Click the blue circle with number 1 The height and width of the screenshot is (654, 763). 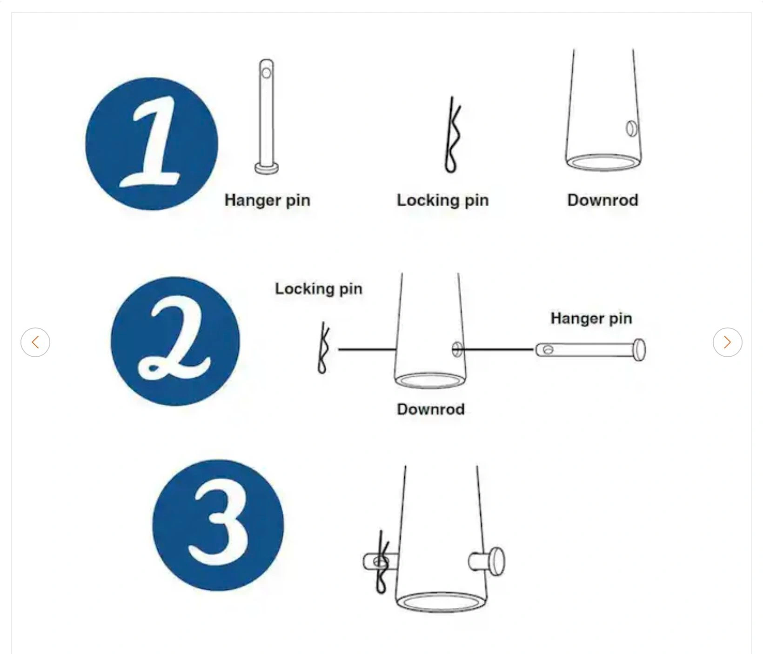click(152, 144)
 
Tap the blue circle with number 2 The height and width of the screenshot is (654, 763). click(175, 341)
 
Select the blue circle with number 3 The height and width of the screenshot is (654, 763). click(218, 526)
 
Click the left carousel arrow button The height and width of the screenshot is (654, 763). click(35, 342)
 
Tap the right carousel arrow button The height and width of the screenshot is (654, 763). click(728, 342)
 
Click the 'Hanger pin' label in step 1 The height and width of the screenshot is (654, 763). click(268, 200)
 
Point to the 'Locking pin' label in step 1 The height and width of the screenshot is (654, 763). click(443, 200)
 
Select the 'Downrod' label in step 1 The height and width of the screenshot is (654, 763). click(603, 200)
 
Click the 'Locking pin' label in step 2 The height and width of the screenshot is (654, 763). click(319, 288)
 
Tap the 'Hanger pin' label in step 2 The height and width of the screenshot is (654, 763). click(591, 318)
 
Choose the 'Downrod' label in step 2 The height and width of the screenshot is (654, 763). click(431, 409)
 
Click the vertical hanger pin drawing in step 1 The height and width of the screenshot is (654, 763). click(267, 116)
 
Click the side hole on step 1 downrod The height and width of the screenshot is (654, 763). click(632, 128)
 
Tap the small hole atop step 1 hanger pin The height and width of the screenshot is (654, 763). click(266, 73)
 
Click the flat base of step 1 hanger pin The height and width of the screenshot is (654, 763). click(267, 168)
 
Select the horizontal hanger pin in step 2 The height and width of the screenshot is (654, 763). click(590, 350)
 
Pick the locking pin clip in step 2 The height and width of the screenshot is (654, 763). click(323, 348)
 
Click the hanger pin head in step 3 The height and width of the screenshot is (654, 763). click(497, 561)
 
